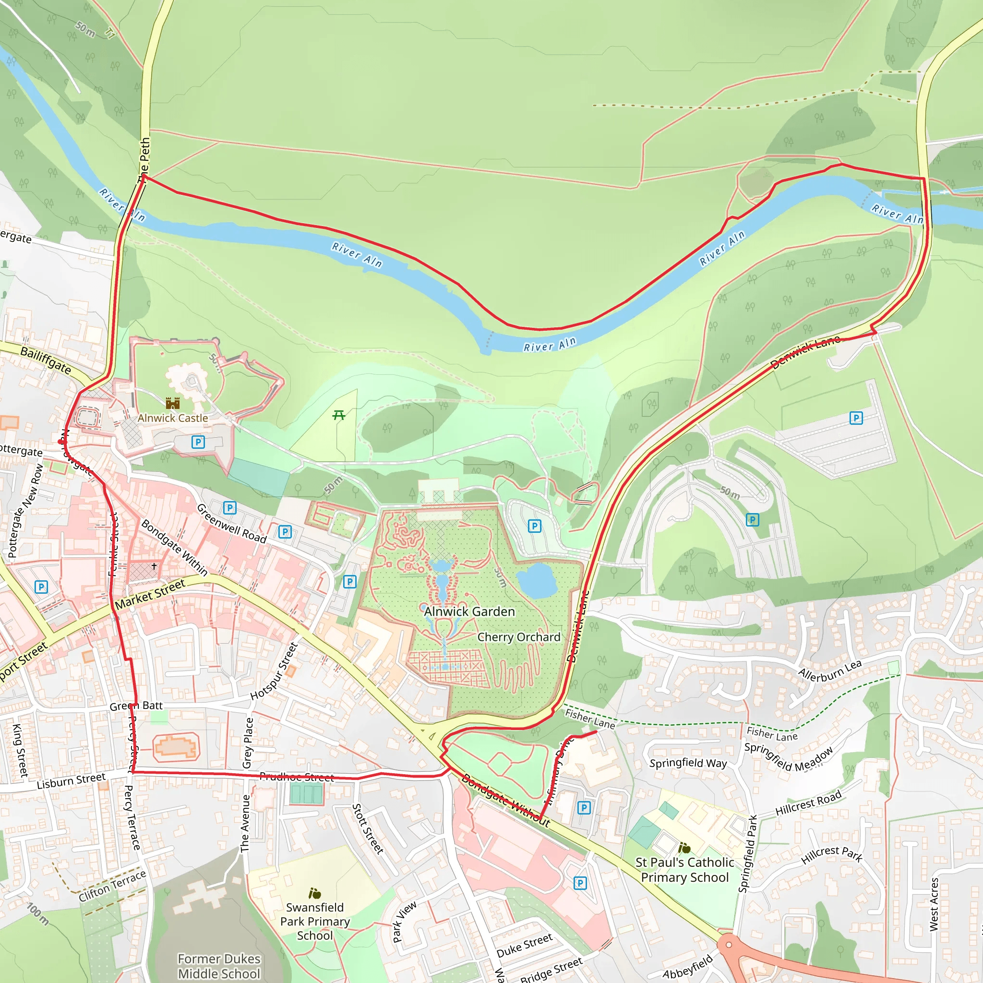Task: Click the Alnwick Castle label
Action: click(172, 418)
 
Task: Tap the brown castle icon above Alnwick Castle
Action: click(173, 404)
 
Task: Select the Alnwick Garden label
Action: click(469, 611)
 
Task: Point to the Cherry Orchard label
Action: click(518, 637)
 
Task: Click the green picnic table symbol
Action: click(339, 415)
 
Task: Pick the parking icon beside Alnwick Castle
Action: click(198, 442)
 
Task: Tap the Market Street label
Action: click(150, 594)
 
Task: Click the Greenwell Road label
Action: click(231, 524)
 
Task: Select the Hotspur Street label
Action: click(274, 671)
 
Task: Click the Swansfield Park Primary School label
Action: click(315, 921)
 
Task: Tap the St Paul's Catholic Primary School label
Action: click(684, 870)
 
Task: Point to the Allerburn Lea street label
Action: click(829, 671)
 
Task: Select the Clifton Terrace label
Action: click(112, 886)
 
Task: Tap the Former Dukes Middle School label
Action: click(219, 966)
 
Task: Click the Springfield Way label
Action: click(688, 763)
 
